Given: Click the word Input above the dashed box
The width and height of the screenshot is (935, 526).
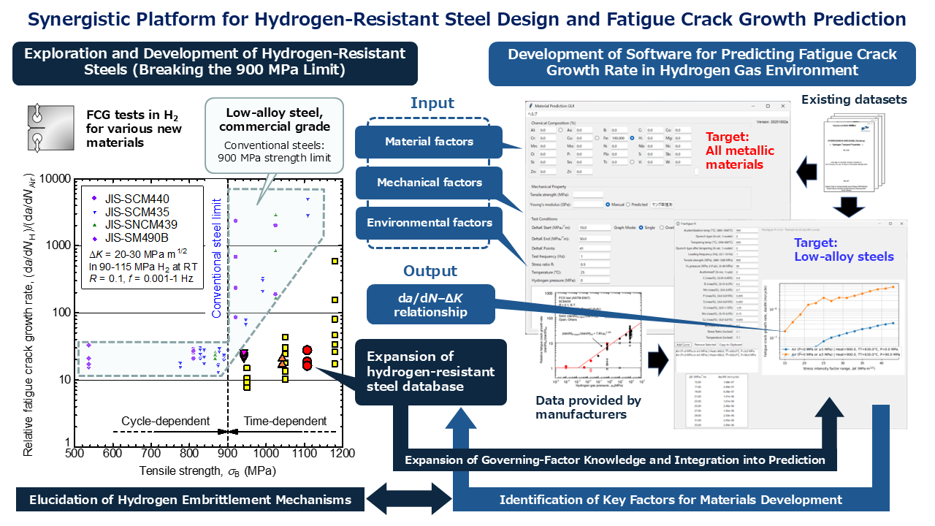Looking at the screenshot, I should point(432,103).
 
